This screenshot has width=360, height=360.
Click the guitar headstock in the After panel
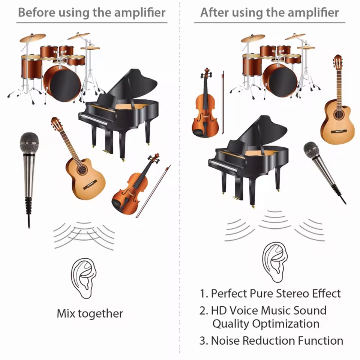338,60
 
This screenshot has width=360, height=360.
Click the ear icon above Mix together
84,278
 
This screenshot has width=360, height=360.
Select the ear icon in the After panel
275,262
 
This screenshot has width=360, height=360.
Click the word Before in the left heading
37,12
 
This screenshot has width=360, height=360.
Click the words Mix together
90,313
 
